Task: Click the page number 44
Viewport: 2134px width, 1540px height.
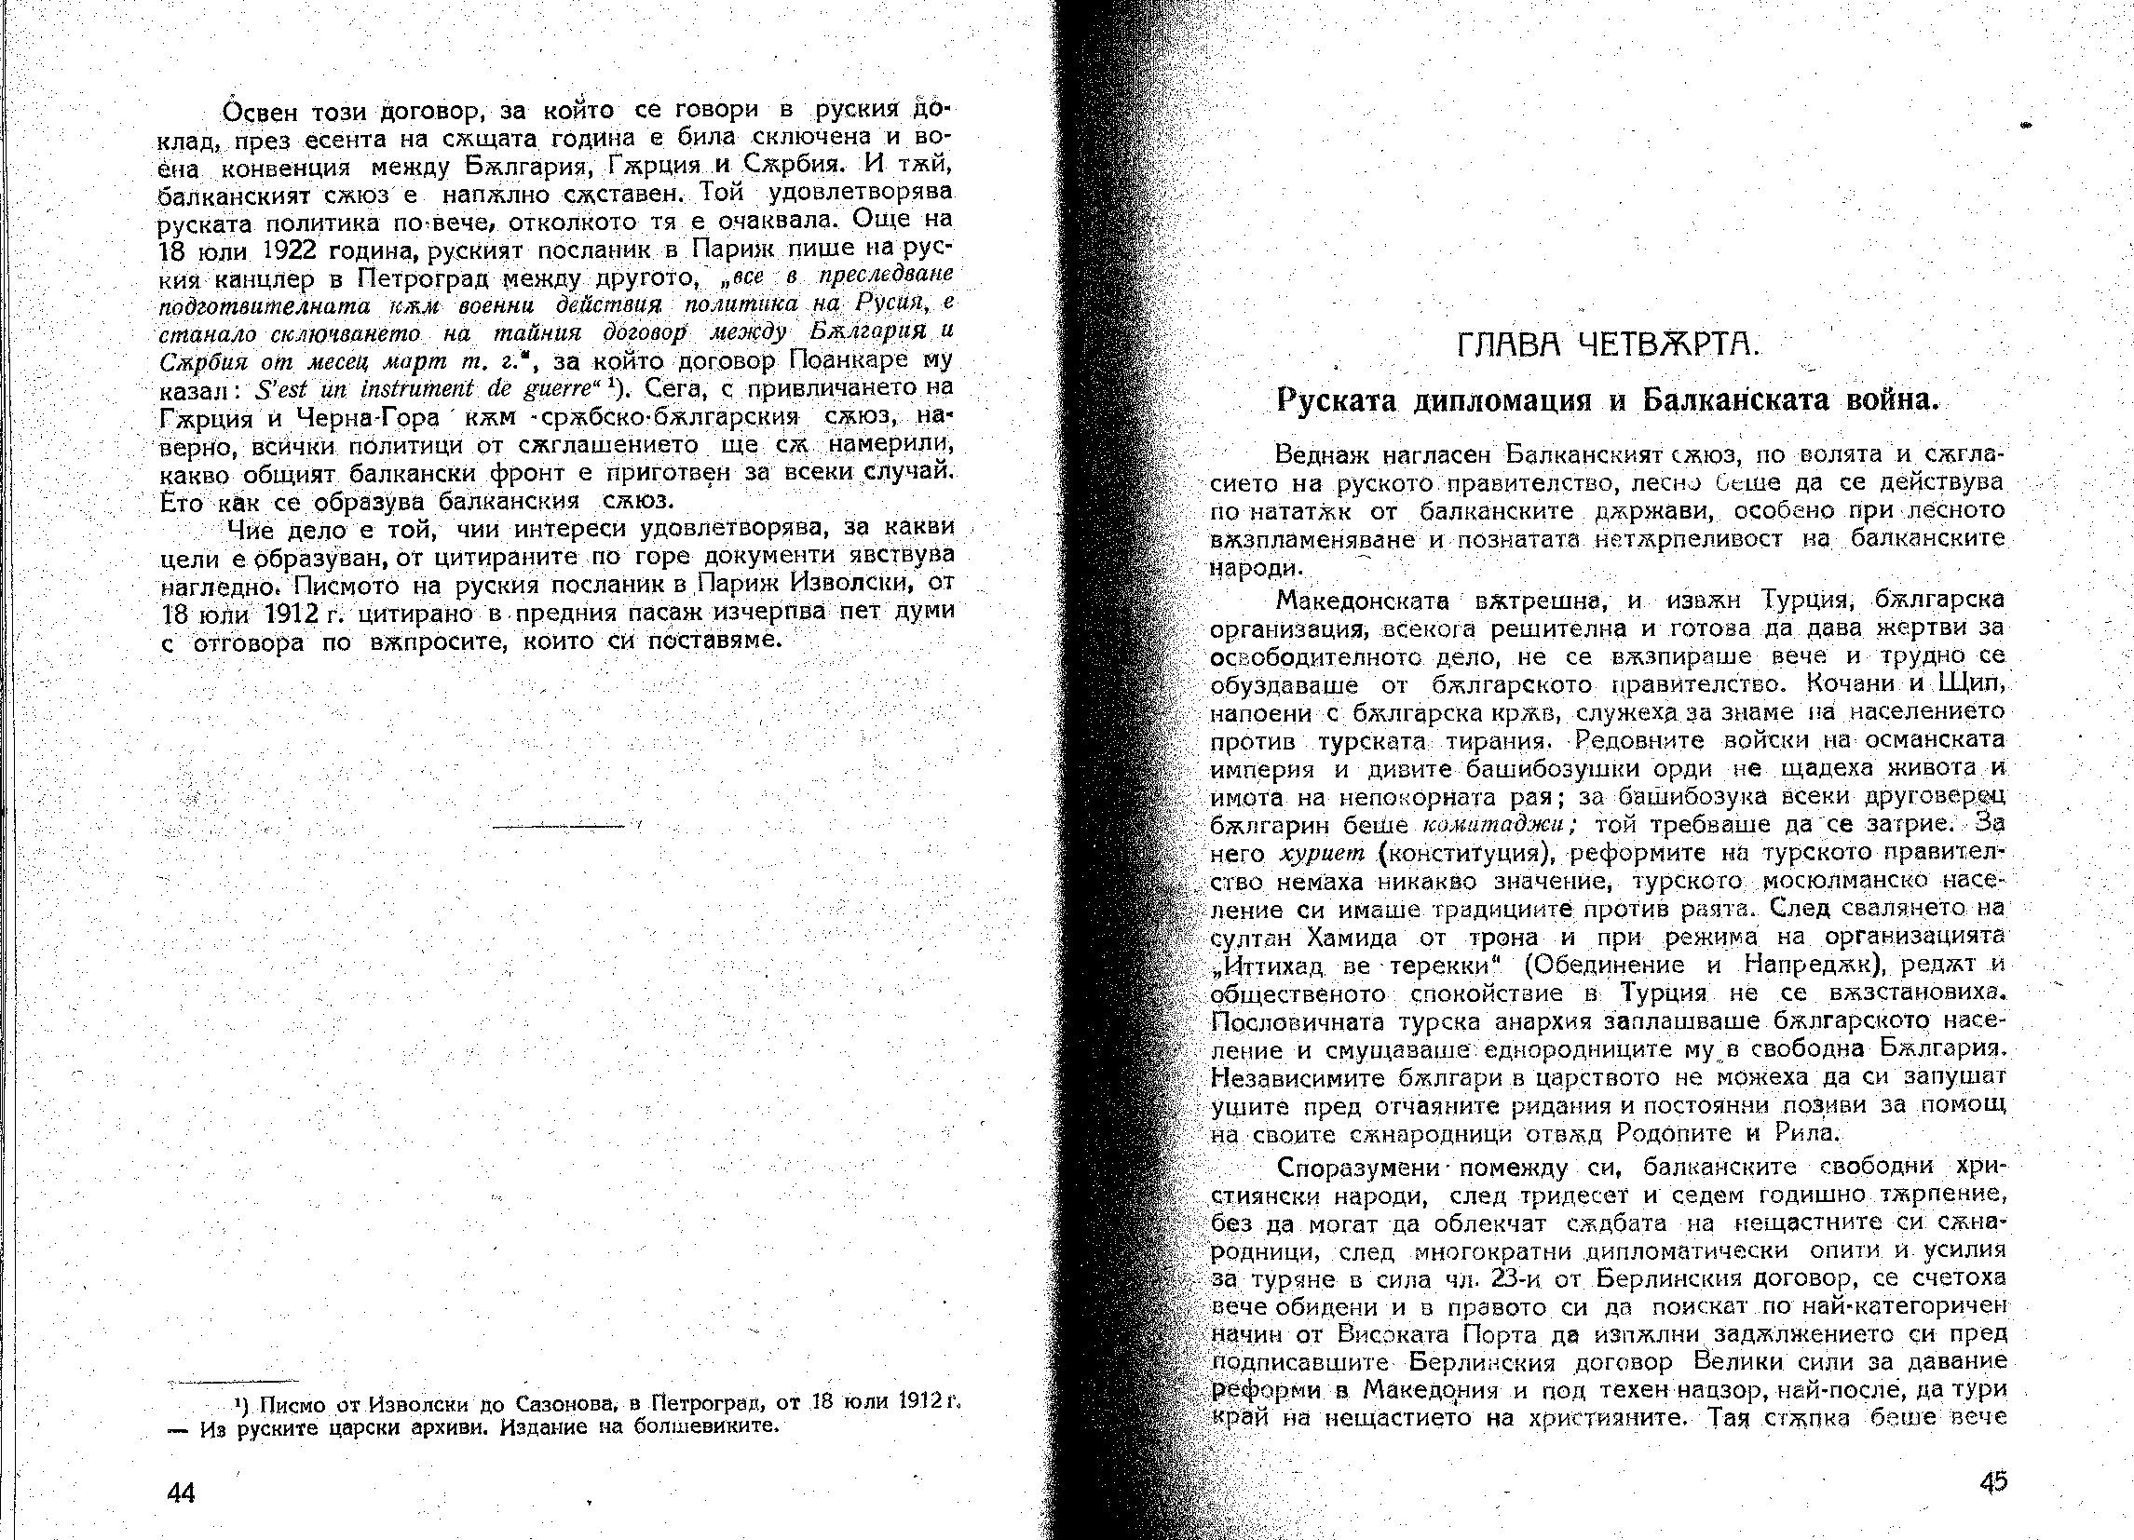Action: click(181, 1493)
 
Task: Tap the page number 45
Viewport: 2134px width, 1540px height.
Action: click(1992, 1481)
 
